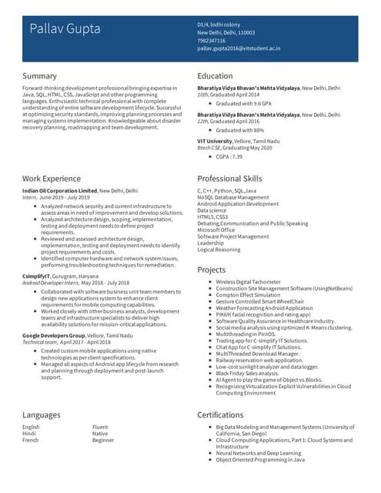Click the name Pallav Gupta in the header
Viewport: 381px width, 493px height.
(x=65, y=29)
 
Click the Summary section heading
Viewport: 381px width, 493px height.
(x=39, y=75)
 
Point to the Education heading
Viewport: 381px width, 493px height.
(x=215, y=75)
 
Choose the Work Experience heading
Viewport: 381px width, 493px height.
(x=53, y=179)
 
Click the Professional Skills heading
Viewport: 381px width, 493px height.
(x=229, y=179)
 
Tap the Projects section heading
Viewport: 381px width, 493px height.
(x=212, y=270)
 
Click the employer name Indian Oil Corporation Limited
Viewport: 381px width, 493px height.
(x=60, y=189)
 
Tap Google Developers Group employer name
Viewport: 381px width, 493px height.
(x=54, y=336)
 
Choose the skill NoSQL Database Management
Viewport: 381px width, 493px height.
(x=233, y=197)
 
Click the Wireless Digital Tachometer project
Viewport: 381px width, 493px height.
(x=248, y=282)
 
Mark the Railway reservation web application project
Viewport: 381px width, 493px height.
(x=259, y=359)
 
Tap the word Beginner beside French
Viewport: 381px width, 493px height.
(x=104, y=440)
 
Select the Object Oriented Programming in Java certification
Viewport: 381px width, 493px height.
(x=260, y=459)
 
